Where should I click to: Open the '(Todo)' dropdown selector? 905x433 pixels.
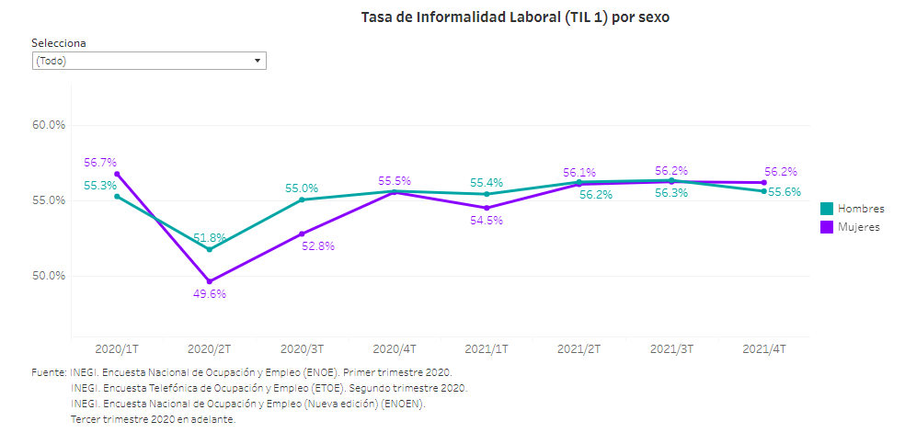tap(148, 61)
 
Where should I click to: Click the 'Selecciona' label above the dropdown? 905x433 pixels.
tap(59, 43)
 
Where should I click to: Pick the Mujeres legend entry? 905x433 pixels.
tap(851, 227)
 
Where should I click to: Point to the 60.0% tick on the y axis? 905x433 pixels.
tap(48, 125)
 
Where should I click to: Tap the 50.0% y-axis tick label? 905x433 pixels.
tap(48, 276)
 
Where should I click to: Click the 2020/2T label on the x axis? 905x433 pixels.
tap(210, 349)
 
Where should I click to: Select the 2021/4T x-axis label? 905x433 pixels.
tap(763, 349)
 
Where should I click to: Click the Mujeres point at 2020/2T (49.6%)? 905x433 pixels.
tap(210, 281)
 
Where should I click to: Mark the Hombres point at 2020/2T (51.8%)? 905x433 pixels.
tap(210, 249)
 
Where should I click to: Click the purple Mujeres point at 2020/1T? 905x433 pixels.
tap(117, 174)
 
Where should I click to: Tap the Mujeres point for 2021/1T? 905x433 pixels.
tap(487, 208)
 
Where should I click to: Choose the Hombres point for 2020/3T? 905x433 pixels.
tap(302, 199)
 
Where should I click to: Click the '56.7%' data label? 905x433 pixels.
tap(100, 163)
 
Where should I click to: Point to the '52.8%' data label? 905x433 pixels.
tap(318, 246)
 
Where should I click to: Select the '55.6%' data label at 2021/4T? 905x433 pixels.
tap(785, 192)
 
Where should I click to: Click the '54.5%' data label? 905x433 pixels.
tap(487, 221)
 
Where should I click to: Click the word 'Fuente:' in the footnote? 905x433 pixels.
tap(49, 372)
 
